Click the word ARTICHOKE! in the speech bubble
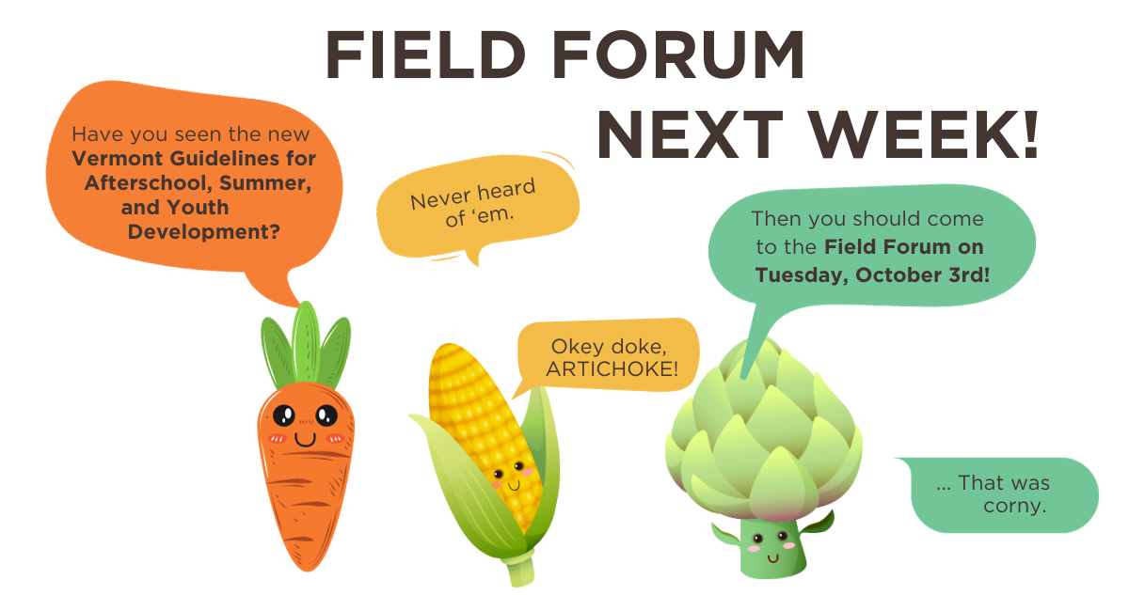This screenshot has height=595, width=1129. (612, 368)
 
